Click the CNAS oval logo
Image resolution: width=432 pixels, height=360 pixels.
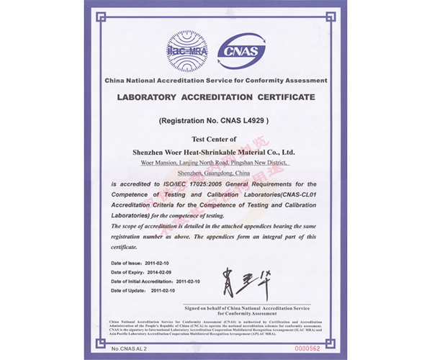(x=245, y=48)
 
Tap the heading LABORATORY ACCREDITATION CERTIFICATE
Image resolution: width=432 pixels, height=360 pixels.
(x=216, y=96)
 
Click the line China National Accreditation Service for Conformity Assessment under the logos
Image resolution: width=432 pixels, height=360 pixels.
(x=216, y=80)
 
